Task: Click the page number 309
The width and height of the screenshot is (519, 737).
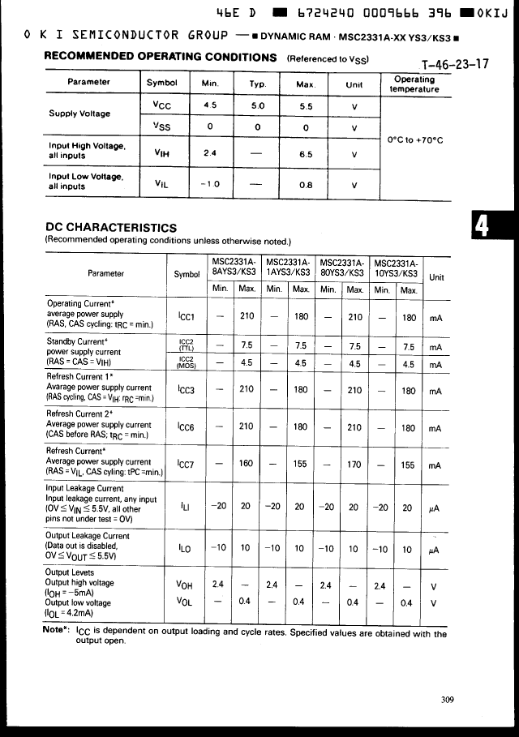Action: (x=448, y=701)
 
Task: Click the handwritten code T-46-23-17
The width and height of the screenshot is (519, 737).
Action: (x=456, y=65)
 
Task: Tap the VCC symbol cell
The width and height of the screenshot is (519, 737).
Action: (x=161, y=105)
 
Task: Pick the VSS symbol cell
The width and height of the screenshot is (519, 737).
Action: (x=161, y=126)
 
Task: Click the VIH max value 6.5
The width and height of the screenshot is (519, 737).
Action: (x=305, y=153)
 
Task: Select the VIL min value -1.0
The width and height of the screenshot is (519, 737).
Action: (x=209, y=184)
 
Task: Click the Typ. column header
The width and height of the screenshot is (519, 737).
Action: (x=257, y=84)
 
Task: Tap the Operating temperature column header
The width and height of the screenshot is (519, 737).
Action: (x=414, y=84)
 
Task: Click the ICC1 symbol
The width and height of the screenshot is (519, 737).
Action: (x=186, y=318)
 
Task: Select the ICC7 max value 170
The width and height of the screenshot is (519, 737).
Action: (x=354, y=465)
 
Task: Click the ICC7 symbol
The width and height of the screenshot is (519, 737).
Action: (x=186, y=465)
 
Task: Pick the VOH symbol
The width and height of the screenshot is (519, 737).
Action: (x=185, y=584)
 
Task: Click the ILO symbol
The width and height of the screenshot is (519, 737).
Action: (x=185, y=548)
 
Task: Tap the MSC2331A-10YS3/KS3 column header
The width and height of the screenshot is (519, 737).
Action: (x=396, y=268)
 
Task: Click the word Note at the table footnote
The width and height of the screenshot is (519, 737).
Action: (x=56, y=632)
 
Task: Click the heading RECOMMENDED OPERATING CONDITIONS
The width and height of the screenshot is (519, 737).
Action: (x=161, y=57)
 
